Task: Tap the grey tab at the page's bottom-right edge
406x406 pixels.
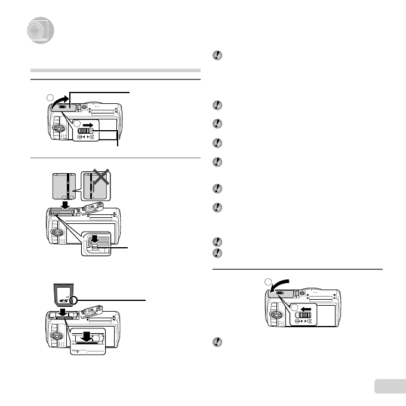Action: point(390,386)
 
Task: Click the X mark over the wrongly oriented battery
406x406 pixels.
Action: point(99,179)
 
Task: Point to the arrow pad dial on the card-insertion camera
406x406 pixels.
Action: point(55,336)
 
